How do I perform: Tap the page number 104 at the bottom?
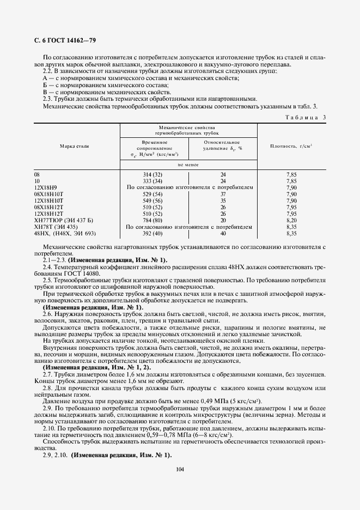tap(180, 468)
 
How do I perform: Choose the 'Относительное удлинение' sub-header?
tap(222, 144)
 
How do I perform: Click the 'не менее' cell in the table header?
tap(188, 164)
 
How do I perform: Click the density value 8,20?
tap(291, 220)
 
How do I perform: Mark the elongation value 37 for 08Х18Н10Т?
tap(223, 194)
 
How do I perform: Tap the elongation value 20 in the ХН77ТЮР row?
tap(223, 220)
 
